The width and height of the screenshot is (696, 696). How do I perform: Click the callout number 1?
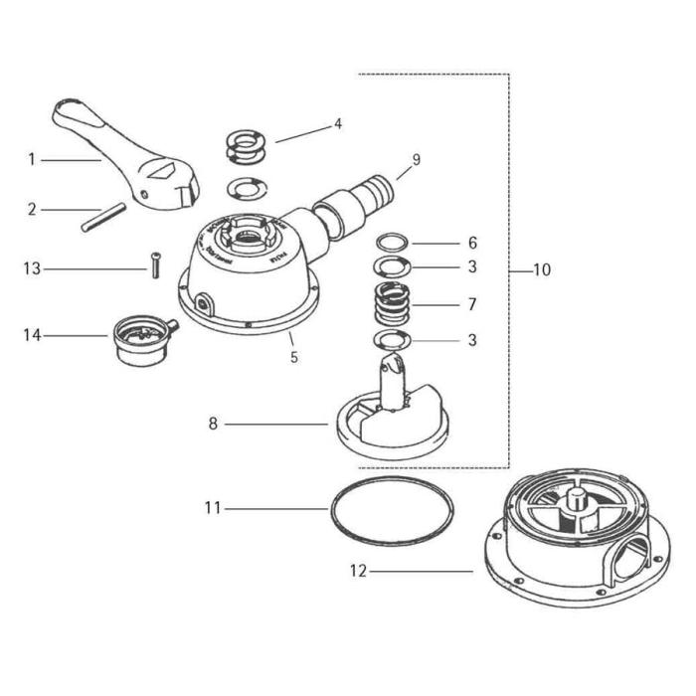pos(32,158)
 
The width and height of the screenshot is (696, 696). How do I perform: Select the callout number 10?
pos(541,269)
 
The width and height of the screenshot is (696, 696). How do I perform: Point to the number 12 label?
pos(358,572)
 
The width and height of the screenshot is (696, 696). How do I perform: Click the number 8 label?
pos(212,424)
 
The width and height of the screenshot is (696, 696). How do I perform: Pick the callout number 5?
pos(294,356)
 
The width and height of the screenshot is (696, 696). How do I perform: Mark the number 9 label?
pos(417,158)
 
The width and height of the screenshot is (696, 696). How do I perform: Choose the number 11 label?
pos(210,508)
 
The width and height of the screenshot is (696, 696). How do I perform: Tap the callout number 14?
pos(32,335)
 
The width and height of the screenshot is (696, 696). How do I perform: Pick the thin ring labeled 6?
pos(393,242)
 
